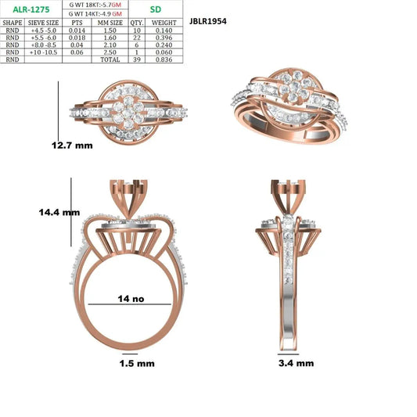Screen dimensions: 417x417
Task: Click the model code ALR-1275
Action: click(x=31, y=9)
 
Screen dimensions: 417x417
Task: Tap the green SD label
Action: click(x=156, y=9)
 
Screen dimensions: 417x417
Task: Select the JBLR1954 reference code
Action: click(x=208, y=21)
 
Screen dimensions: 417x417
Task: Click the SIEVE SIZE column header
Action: click(x=43, y=23)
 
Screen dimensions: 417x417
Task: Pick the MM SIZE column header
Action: click(x=110, y=23)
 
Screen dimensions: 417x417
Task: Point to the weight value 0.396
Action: click(x=164, y=38)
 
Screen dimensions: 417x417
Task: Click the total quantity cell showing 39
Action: click(x=137, y=59)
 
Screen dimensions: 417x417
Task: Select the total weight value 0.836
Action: click(x=164, y=59)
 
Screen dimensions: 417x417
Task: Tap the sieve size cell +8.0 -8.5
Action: click(x=43, y=45)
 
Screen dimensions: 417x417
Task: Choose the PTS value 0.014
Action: click(x=77, y=31)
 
